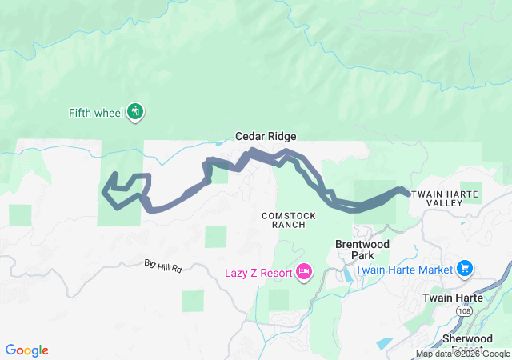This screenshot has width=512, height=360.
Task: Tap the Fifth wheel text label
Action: (x=96, y=113)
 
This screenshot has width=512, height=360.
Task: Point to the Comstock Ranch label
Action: (x=289, y=220)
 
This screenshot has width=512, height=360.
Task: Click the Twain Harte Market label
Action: (x=404, y=270)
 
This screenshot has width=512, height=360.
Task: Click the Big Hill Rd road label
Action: (x=164, y=265)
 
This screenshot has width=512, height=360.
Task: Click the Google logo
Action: (x=27, y=350)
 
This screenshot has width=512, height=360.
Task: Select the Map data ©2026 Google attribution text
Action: (x=462, y=354)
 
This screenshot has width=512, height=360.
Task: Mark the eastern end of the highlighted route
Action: (x=409, y=193)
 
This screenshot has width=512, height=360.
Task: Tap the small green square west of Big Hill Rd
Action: (x=20, y=215)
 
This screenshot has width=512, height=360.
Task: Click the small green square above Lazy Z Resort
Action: (x=215, y=237)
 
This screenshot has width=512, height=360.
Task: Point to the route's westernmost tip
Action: (x=103, y=191)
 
